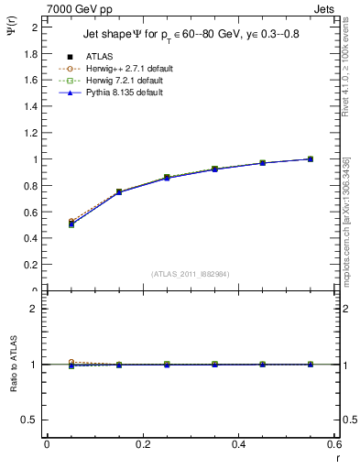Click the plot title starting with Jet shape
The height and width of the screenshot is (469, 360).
coord(185,34)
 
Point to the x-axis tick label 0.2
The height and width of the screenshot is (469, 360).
coord(142,444)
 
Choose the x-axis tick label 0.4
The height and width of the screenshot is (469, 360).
coord(238,444)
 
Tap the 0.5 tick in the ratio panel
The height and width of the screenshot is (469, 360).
coord(34,420)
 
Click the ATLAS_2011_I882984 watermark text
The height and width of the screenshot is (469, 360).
coord(190,274)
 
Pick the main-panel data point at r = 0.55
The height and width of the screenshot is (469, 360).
coord(311,158)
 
